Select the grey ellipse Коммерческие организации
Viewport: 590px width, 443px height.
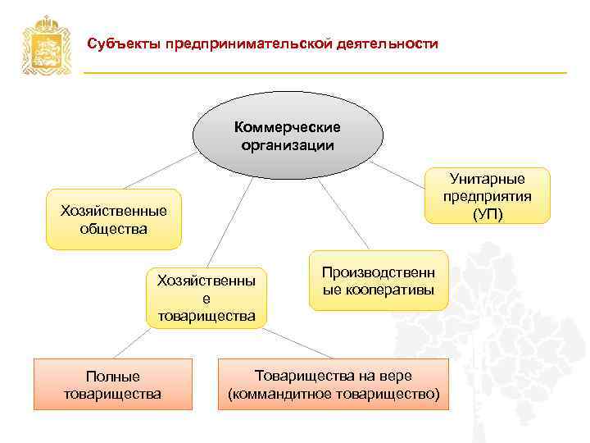click(288, 136)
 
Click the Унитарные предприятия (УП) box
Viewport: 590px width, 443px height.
click(488, 196)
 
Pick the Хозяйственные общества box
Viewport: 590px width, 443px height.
click(113, 220)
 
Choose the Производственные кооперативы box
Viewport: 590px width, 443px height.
click(379, 281)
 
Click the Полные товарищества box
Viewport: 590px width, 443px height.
click(112, 384)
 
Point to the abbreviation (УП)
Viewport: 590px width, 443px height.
click(488, 214)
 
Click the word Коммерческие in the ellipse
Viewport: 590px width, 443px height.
click(288, 127)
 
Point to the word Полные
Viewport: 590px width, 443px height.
click(112, 376)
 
